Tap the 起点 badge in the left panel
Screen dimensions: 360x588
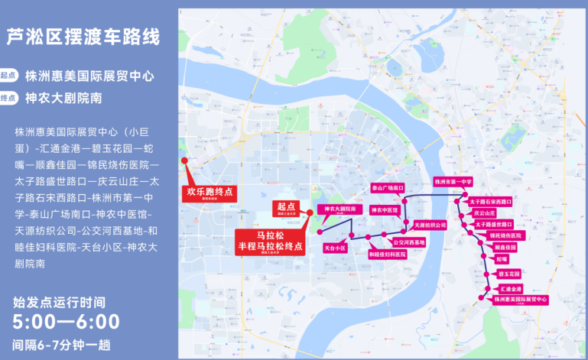(x=9, y=76)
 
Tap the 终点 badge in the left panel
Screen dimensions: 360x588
(x=9, y=98)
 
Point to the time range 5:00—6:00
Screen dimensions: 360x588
(x=67, y=322)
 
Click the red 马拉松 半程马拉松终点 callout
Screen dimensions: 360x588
(x=268, y=241)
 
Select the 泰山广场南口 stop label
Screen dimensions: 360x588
(x=387, y=187)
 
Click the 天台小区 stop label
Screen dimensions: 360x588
(x=336, y=248)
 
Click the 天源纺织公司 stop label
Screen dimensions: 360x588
(x=430, y=225)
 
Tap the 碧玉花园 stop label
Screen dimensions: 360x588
(x=508, y=273)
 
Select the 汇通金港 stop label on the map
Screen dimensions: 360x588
(x=510, y=289)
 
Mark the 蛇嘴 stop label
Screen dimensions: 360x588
(x=502, y=259)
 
